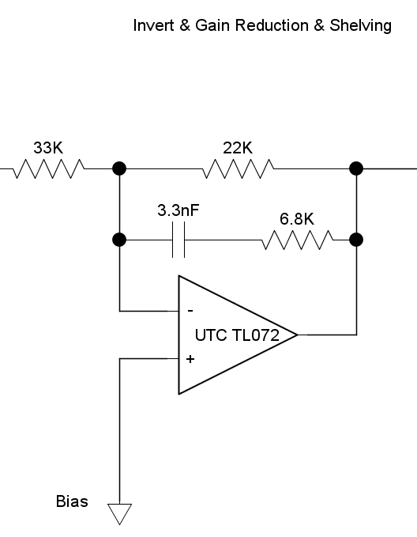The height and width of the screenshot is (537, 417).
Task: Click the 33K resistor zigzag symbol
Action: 49,168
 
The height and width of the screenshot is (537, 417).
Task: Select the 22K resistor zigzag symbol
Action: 238,168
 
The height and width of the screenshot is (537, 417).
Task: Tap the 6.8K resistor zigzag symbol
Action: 297,240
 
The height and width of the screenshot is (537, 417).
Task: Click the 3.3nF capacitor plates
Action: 178,240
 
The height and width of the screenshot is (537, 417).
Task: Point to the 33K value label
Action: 48,148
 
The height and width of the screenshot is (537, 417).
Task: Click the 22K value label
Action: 238,148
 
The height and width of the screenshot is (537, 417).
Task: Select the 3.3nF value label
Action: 178,210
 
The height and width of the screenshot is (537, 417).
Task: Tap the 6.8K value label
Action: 297,219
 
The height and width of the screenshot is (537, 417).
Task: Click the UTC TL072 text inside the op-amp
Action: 237,335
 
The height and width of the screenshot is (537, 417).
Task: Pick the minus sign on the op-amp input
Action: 190,311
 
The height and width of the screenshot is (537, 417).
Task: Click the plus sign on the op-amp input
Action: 190,359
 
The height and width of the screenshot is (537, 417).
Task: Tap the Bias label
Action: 72,501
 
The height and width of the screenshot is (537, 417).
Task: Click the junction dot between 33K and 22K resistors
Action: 119,168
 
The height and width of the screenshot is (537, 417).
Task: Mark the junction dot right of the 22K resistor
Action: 356,168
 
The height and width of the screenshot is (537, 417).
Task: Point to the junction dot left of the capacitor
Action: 119,240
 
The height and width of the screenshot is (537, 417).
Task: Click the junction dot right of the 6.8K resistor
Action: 356,240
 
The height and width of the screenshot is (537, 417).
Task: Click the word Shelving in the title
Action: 361,26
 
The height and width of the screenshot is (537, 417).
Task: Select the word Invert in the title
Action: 153,25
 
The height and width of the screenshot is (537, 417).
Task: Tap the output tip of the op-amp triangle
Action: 297,335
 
